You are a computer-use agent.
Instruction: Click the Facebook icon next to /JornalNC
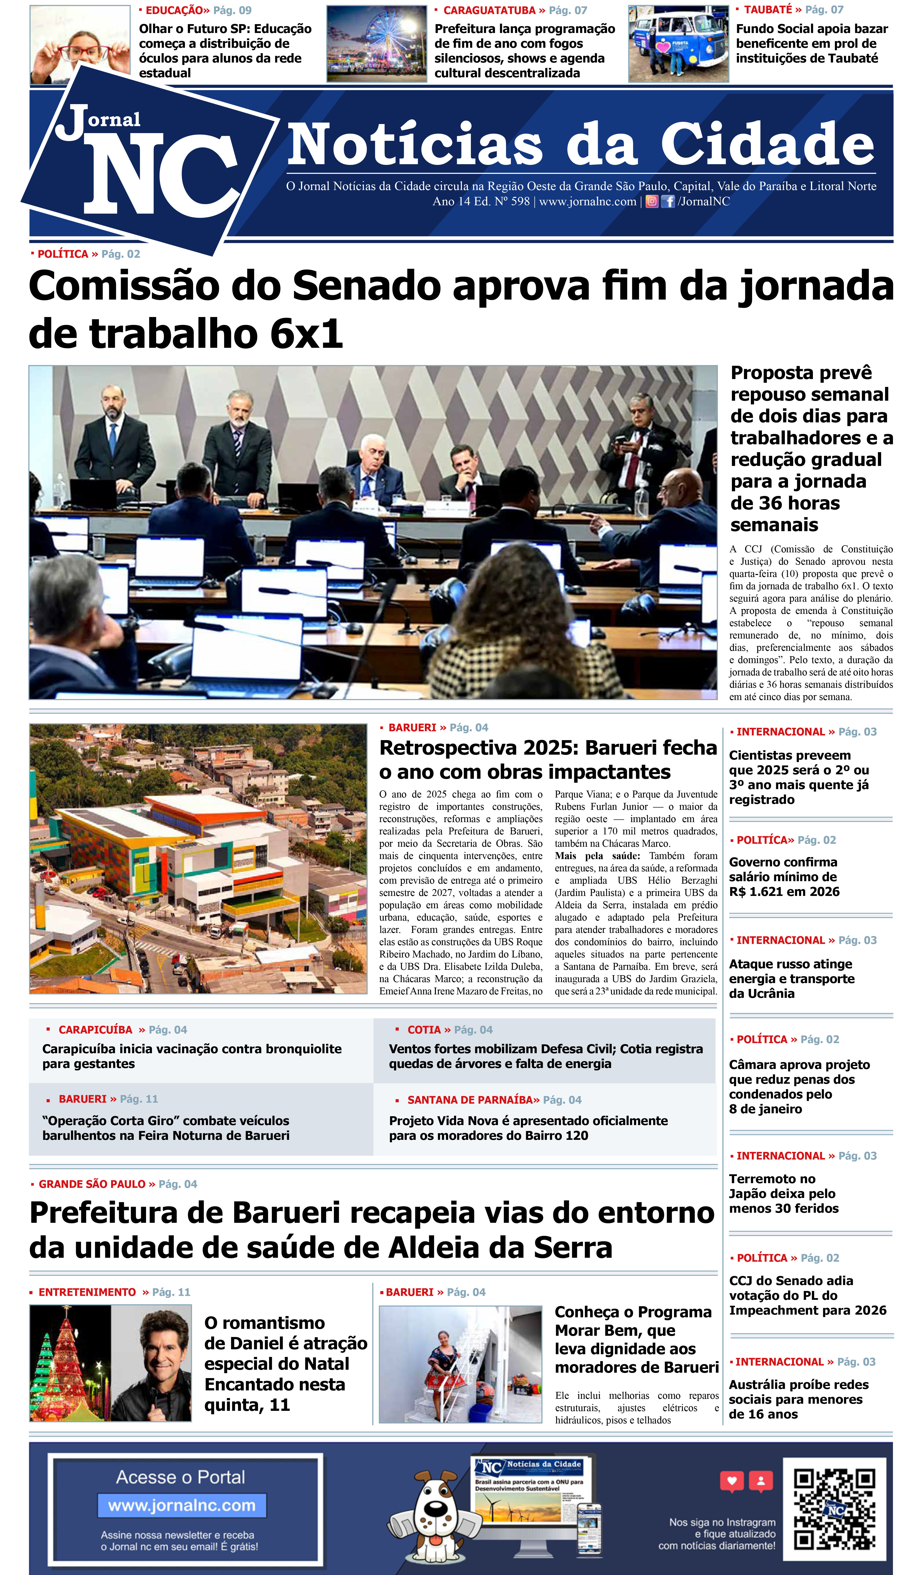(x=668, y=201)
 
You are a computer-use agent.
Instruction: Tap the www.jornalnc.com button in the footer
(x=182, y=1505)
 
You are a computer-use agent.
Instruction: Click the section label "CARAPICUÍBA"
(x=95, y=1029)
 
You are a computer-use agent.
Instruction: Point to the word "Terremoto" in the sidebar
(x=763, y=1179)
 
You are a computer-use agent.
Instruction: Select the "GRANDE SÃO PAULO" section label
(x=92, y=1184)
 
